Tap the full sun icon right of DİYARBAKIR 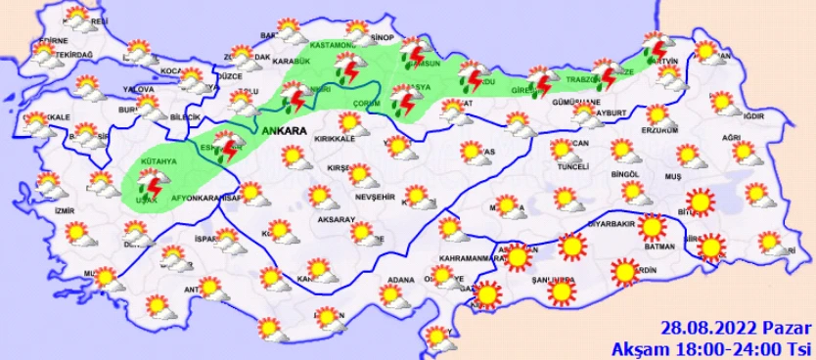(x=653, y=228)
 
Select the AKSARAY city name (x=335, y=220)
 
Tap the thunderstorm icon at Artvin (x=655, y=47)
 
